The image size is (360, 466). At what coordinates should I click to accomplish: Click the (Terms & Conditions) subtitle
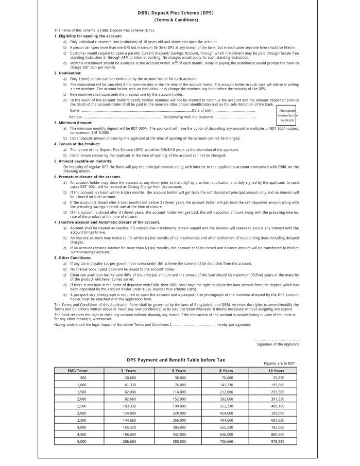tap(176, 20)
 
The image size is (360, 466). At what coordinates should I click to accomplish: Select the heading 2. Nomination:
tap(68, 73)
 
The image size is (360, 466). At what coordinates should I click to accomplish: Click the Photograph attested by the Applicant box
tap(287, 115)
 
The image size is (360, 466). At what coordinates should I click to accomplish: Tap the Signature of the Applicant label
tap(278, 344)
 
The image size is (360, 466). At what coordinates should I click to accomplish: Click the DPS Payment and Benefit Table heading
tap(176, 359)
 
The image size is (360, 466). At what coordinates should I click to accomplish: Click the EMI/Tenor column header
tap(78, 371)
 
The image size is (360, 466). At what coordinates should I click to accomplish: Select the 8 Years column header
tap(226, 371)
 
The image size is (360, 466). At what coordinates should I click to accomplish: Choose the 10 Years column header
tap(276, 371)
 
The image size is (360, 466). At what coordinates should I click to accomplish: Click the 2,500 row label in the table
tap(82, 406)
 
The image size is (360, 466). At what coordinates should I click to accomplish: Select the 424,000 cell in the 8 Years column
tap(227, 413)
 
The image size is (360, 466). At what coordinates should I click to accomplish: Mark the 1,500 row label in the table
tap(82, 392)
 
